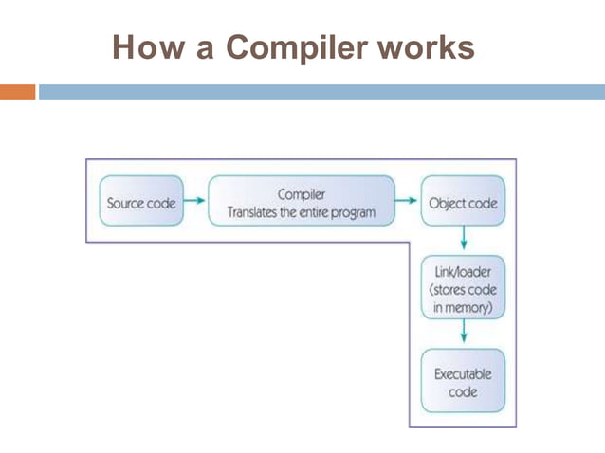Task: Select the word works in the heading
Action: (423, 46)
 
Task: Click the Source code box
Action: (139, 202)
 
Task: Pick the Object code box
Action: (463, 202)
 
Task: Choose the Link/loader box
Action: (463, 289)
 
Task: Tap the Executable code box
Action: (463, 382)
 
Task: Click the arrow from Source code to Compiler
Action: (193, 201)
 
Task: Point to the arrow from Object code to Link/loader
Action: (463, 238)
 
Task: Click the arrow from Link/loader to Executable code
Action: (463, 334)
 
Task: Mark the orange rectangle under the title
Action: (17, 92)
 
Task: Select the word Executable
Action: (463, 373)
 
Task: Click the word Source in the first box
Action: (125, 202)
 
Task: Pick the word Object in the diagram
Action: (448, 202)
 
